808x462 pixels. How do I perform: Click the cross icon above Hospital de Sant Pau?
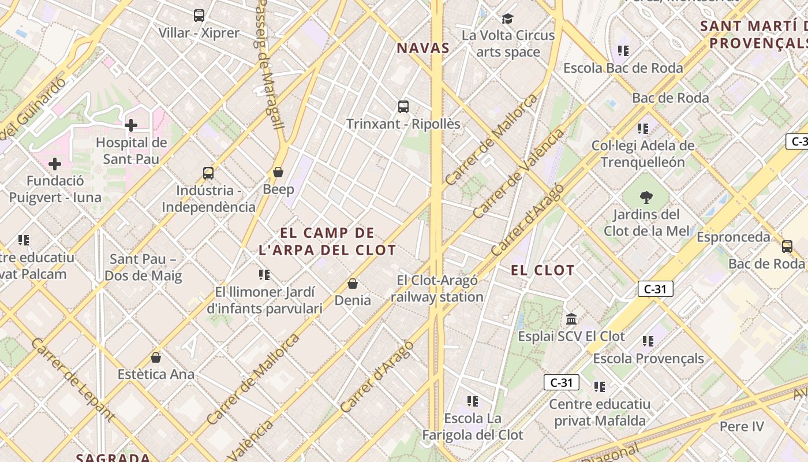pyautogui.click(x=131, y=125)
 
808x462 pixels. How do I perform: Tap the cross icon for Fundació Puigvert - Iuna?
pyautogui.click(x=55, y=164)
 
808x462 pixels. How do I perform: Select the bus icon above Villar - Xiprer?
pyautogui.click(x=199, y=16)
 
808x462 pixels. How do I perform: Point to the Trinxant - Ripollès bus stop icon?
pyautogui.click(x=403, y=107)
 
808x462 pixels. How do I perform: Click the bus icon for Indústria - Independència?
pyautogui.click(x=208, y=173)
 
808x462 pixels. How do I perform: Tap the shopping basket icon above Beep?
pyautogui.click(x=278, y=172)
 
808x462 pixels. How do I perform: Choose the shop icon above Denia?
pyautogui.click(x=353, y=284)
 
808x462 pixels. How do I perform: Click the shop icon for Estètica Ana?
pyautogui.click(x=155, y=357)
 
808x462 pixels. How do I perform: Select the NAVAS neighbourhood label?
pyautogui.click(x=423, y=48)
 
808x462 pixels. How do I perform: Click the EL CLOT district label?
pyautogui.click(x=543, y=270)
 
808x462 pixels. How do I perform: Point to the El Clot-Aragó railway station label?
pyautogui.click(x=437, y=289)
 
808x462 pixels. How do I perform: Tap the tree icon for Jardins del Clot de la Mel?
pyautogui.click(x=646, y=198)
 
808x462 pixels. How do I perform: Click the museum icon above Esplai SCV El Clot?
pyautogui.click(x=571, y=319)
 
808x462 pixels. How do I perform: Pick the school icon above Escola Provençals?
pyautogui.click(x=648, y=341)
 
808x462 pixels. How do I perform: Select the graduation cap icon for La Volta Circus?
pyautogui.click(x=508, y=18)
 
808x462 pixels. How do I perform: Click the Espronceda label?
pyautogui.click(x=733, y=237)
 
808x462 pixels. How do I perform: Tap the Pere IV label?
pyautogui.click(x=741, y=427)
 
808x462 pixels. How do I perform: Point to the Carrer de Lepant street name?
pyautogui.click(x=72, y=377)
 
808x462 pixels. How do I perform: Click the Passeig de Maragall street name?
pyautogui.click(x=270, y=64)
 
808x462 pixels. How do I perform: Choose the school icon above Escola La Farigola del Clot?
pyautogui.click(x=473, y=401)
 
